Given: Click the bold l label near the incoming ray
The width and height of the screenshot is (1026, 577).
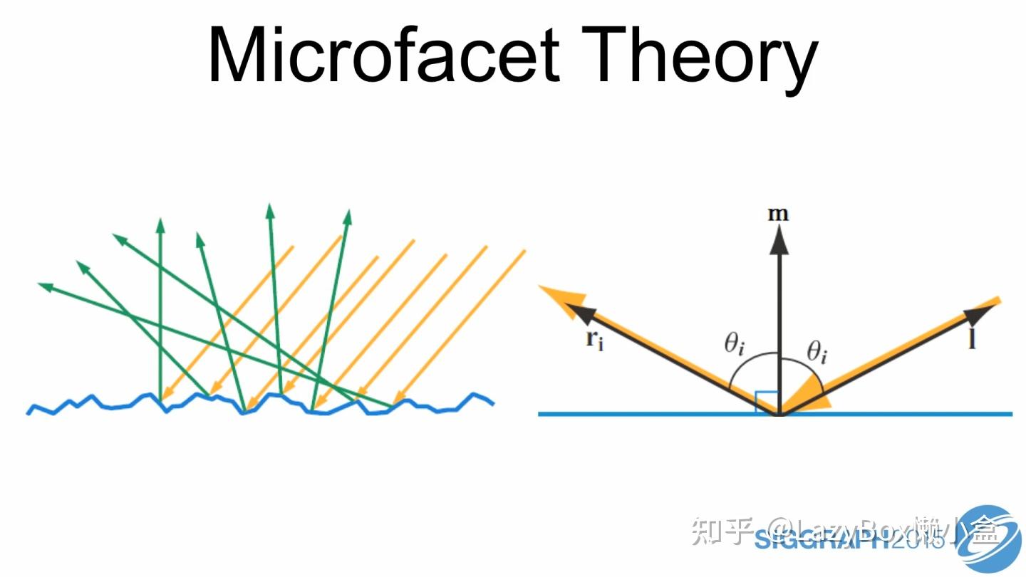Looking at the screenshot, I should pyautogui.click(x=973, y=340).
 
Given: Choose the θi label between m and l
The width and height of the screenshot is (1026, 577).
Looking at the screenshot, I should pyautogui.click(x=817, y=352).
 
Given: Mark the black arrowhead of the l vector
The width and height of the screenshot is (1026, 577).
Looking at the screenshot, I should pyautogui.click(x=975, y=314).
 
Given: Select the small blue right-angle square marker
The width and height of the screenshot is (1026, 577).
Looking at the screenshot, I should pyautogui.click(x=766, y=402).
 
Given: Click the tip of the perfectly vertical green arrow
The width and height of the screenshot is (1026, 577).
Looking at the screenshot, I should pyautogui.click(x=160, y=224).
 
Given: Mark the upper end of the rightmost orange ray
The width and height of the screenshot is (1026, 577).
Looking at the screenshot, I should pyautogui.click(x=524, y=251).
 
